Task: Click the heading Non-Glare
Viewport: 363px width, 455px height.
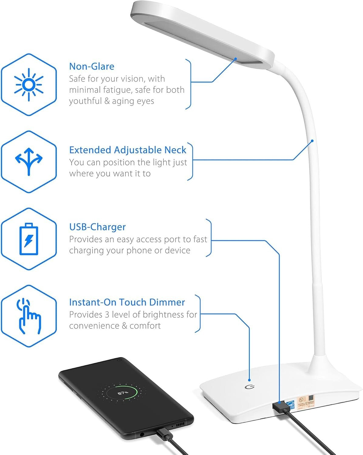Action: (x=92, y=66)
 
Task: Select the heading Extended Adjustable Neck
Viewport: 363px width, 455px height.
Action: (x=128, y=150)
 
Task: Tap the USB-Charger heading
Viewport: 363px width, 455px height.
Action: (x=97, y=227)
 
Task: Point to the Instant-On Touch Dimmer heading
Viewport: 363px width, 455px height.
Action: (x=127, y=302)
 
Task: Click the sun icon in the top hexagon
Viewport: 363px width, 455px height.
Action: (x=29, y=85)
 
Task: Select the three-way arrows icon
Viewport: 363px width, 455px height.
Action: (x=29, y=161)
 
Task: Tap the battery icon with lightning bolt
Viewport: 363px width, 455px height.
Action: (x=29, y=239)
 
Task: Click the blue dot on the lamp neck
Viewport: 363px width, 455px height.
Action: (x=312, y=141)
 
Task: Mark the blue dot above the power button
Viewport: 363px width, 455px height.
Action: (x=249, y=379)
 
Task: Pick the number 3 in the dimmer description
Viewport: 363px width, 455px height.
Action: (x=107, y=315)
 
